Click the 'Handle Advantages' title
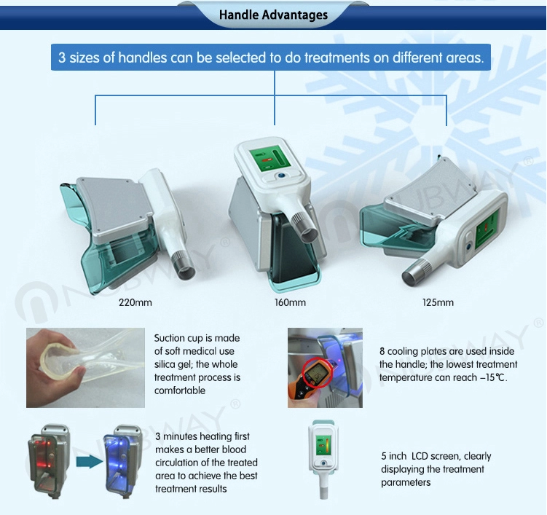point(274,15)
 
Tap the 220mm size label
point(135,302)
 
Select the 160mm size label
point(290,302)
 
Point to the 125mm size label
point(438,302)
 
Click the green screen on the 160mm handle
point(270,158)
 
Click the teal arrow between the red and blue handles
point(89,461)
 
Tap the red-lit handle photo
point(50,460)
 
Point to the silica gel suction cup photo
point(85,368)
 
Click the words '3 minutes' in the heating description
point(176,436)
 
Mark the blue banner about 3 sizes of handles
point(271,58)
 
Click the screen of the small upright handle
point(323,445)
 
